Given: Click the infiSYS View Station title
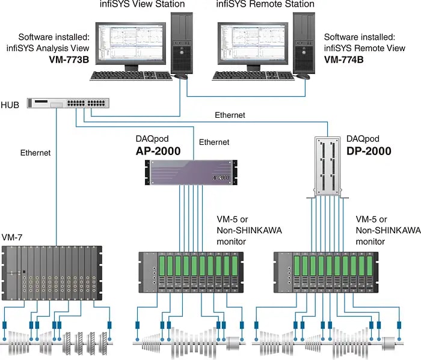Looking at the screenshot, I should (142, 5).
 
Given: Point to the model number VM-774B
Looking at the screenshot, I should (346, 60).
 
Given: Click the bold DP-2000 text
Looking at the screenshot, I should (369, 150).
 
